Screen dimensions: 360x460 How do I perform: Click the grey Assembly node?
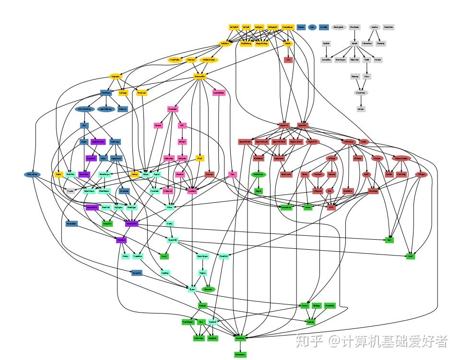326,60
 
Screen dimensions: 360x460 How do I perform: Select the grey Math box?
367,60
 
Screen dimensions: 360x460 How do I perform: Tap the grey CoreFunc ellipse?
361,93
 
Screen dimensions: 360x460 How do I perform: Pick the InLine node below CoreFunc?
361,109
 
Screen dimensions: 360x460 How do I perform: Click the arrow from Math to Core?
367,68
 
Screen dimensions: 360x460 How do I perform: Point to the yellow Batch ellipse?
288,44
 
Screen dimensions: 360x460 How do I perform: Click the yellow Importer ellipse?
116,76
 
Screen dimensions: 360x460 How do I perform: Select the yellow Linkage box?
123,93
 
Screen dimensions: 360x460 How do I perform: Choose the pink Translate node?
173,109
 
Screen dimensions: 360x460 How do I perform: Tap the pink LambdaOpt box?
218,93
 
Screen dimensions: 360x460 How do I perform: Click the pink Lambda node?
192,191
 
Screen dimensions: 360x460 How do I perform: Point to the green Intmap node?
311,322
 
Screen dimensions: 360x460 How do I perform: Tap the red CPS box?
330,207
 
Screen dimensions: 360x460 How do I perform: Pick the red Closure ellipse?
377,158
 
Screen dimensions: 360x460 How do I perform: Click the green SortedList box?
286,207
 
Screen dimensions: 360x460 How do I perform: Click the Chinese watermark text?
372,341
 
